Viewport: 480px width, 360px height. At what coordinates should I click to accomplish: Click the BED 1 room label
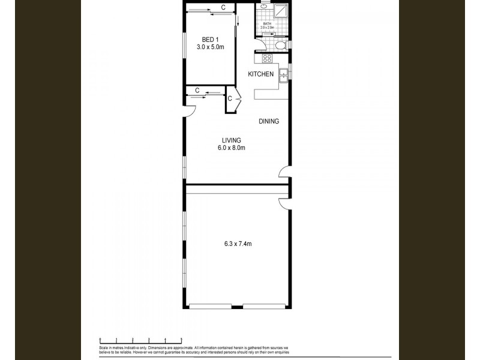209,40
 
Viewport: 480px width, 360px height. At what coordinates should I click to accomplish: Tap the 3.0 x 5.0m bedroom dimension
209,47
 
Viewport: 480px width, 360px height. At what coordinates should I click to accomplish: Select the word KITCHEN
261,74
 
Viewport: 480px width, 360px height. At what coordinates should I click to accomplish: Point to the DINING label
269,121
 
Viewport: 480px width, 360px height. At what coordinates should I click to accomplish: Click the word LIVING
230,140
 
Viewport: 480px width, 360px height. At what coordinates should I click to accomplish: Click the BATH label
267,24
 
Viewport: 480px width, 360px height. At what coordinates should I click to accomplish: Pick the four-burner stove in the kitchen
267,59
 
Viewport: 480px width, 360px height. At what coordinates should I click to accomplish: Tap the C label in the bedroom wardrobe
223,7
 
